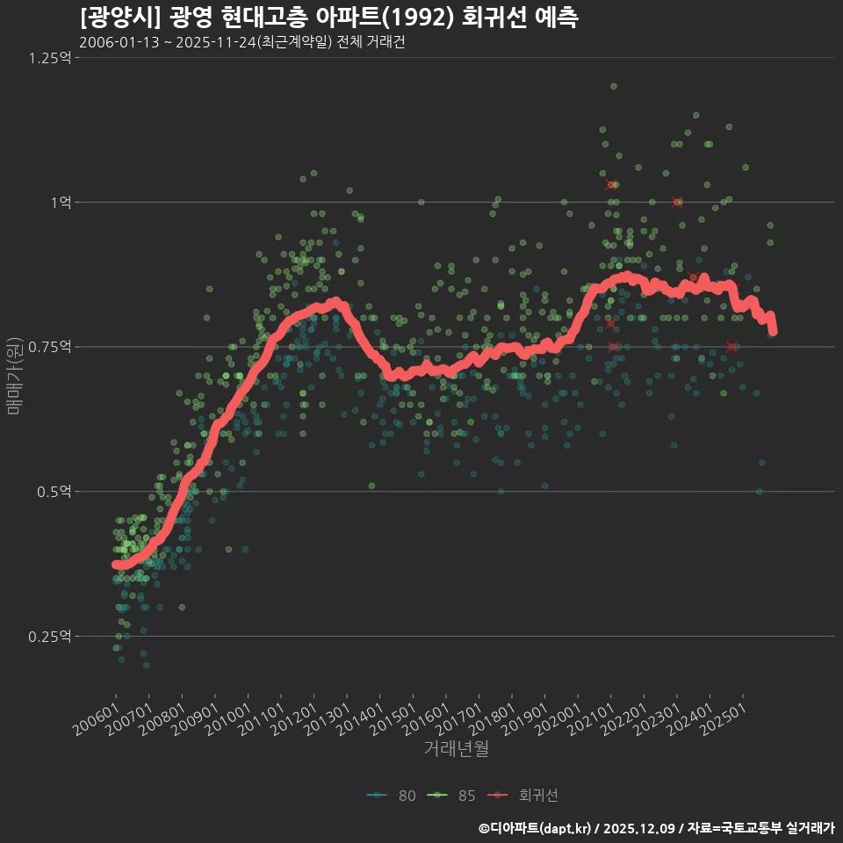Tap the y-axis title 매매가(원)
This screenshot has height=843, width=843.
click(x=15, y=375)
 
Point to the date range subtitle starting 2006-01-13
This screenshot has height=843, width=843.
click(x=241, y=42)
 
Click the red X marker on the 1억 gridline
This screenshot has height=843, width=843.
click(x=676, y=202)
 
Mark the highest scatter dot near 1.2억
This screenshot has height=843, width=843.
click(x=614, y=86)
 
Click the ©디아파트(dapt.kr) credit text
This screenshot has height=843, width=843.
click(x=536, y=827)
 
